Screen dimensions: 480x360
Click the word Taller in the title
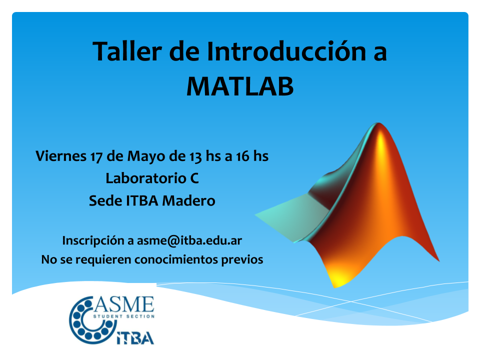pos(127,51)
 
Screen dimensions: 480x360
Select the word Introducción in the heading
pos(286,51)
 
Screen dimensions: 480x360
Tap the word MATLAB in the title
pos(240,86)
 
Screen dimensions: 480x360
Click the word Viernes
pos(61,156)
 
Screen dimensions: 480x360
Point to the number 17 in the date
pos(96,156)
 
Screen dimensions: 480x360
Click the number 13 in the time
pos(195,156)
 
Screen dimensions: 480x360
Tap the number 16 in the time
pos(243,156)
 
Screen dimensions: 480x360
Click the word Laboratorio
pos(145,178)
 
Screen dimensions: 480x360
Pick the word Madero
pos(188,201)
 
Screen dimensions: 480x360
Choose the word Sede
pos(105,201)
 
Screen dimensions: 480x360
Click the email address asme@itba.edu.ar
pos(189,240)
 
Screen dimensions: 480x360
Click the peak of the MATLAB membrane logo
pos(379,123)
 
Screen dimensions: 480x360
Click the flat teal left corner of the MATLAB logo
pos(256,215)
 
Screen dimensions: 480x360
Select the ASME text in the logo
pos(123,305)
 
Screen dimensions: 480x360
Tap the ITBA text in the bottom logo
pos(135,338)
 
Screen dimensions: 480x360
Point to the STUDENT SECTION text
pos(124,316)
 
